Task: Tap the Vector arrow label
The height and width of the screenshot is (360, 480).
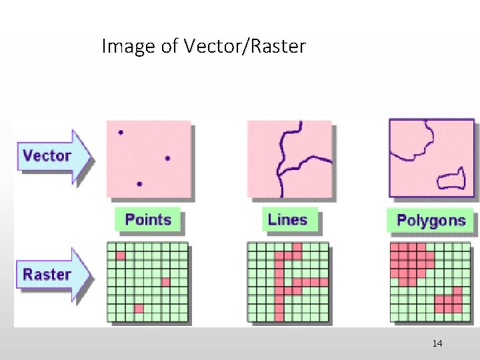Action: [x=48, y=156]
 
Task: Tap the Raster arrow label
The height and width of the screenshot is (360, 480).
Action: [x=48, y=274]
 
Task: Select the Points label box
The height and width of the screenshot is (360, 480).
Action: [x=148, y=220]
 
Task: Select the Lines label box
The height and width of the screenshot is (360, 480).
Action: [x=287, y=220]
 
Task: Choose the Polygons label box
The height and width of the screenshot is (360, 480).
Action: [x=431, y=221]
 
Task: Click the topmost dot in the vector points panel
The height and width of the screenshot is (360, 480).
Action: [x=121, y=133]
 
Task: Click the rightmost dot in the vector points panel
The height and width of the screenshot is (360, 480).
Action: [x=167, y=158]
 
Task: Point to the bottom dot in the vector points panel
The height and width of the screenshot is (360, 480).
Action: [x=139, y=183]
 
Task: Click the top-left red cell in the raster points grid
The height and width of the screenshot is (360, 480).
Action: [x=121, y=255]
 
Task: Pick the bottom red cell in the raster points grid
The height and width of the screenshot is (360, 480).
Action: [x=139, y=308]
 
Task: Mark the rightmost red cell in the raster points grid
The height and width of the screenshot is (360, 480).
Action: [x=165, y=282]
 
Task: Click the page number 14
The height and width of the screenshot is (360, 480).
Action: [x=437, y=343]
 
